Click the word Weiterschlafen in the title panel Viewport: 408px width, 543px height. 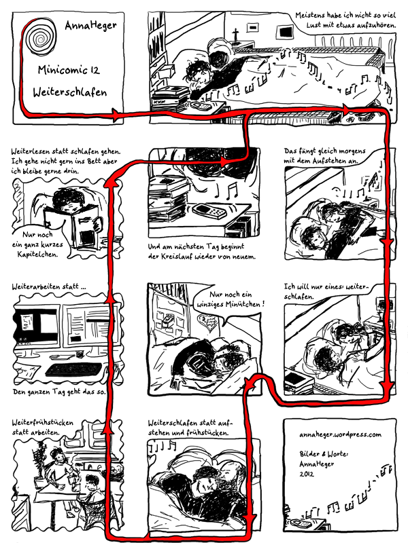click(70, 92)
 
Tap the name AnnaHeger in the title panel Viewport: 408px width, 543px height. click(91, 25)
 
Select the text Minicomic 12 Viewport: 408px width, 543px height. click(69, 70)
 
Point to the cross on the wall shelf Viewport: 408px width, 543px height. click(235, 35)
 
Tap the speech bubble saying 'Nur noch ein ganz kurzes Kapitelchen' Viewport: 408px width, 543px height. click(38, 244)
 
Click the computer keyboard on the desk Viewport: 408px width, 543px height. click(73, 369)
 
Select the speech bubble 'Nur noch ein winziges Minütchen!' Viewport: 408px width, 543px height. click(231, 300)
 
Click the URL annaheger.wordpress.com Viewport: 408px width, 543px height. click(340, 434)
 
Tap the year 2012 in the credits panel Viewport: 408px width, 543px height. click(307, 474)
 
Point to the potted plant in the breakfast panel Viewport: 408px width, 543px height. click(40, 462)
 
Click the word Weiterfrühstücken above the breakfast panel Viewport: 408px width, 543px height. click(43, 422)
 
